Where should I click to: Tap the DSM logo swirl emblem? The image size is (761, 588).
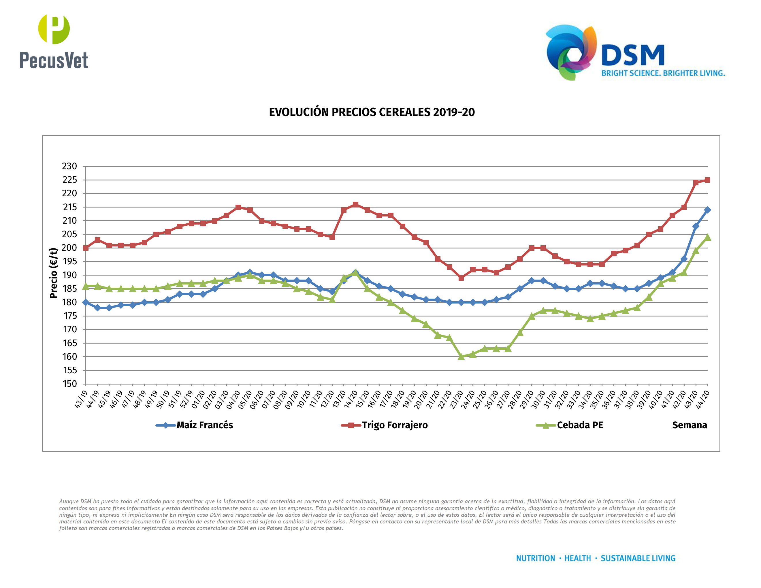pos(570,52)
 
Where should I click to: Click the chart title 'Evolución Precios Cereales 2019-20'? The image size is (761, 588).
pos(372,112)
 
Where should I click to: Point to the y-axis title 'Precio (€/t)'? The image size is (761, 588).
pos(53,273)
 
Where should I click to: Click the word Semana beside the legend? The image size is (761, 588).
pos(689,425)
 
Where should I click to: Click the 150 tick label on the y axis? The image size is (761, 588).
pos(69,384)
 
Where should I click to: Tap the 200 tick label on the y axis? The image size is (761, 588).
pos(69,248)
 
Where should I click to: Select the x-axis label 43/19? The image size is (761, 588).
pos(81,399)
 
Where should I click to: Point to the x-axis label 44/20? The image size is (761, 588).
pos(702,399)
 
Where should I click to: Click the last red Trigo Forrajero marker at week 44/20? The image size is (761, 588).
pos(707,180)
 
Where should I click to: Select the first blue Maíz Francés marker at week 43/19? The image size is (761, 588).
pos(86,302)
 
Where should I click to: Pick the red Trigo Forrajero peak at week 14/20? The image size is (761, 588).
pos(355,204)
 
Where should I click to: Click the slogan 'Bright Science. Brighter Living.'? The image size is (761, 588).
pos(663,73)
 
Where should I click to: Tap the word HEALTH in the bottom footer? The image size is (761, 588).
pos(577,558)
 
